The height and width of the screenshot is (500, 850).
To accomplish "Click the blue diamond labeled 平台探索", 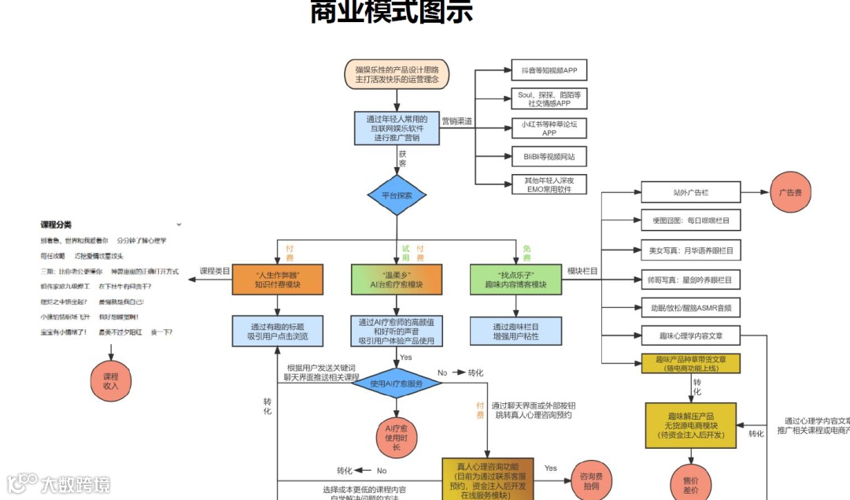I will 397,194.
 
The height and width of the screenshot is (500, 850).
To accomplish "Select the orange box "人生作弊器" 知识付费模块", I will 278,280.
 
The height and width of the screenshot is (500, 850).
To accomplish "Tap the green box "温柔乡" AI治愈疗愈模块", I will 397,280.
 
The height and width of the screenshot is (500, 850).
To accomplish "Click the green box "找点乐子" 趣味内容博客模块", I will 516,280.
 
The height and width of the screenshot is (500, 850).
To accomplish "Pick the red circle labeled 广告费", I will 790,193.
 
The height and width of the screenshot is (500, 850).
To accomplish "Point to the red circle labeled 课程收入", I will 110,381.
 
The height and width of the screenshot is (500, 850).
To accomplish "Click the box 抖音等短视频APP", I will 549,71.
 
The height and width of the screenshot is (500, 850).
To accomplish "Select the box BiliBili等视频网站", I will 549,157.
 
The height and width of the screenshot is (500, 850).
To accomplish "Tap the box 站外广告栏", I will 690,192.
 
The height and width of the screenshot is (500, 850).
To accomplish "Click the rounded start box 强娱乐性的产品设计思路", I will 397,74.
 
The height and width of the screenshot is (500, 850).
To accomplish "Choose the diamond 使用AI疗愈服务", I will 397,383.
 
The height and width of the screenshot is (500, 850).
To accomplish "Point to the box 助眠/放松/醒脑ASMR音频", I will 690,307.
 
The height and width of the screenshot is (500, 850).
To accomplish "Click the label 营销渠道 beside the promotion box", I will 456,121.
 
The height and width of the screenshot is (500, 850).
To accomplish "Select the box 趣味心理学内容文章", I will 690,335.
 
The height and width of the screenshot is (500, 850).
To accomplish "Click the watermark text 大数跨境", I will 76,483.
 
